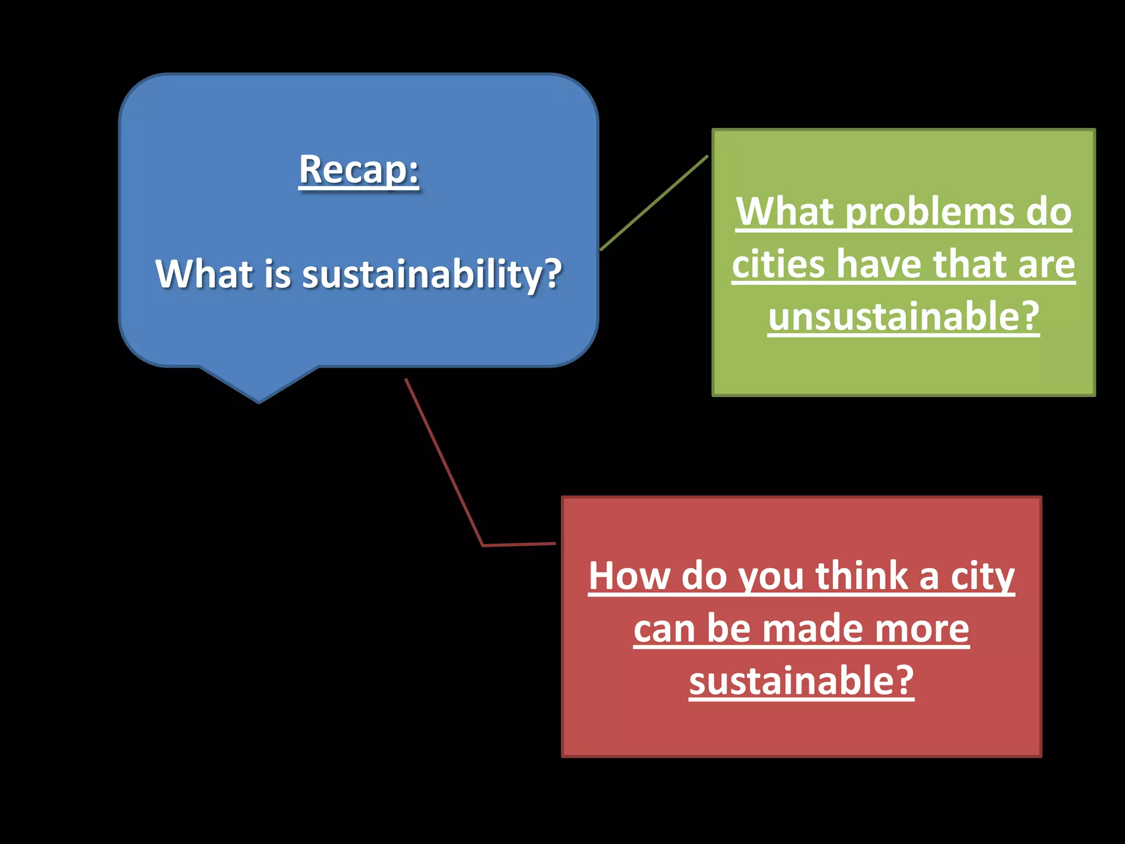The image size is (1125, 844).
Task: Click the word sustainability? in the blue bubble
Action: point(432,274)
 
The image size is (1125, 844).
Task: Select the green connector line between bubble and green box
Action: point(654,203)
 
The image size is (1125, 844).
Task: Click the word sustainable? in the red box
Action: point(801,681)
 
